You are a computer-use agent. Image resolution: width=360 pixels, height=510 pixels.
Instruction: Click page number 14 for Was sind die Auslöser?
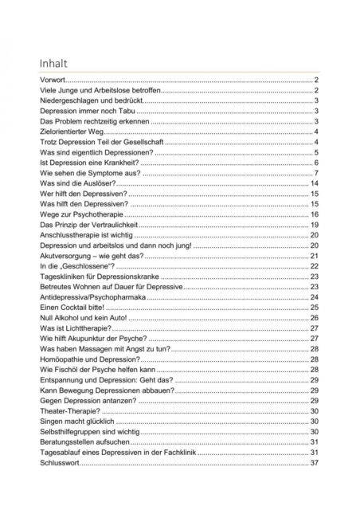tap(315, 183)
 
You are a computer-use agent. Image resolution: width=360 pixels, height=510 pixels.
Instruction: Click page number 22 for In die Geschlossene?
tap(315, 265)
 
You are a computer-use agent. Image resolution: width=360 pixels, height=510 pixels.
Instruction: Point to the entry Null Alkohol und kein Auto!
tap(83, 317)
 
